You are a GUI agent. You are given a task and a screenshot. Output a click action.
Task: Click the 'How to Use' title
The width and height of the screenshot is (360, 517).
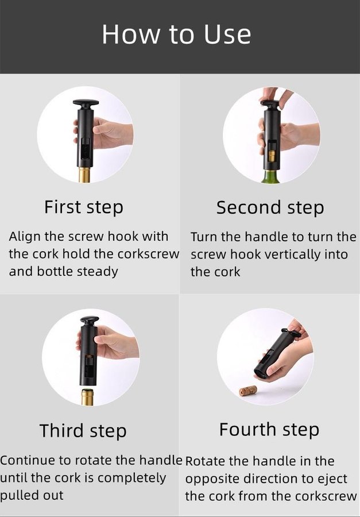[x=176, y=34]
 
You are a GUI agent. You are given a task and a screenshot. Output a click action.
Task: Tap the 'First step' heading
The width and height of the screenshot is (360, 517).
[x=84, y=208]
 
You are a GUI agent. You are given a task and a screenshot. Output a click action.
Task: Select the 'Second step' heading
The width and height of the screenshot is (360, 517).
[x=270, y=208]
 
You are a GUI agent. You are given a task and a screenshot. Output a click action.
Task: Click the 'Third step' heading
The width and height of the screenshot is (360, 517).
[x=83, y=431]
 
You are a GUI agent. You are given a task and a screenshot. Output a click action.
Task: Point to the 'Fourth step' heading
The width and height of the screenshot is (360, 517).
[x=269, y=430]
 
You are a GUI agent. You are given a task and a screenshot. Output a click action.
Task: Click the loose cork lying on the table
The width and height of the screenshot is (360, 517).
[x=248, y=391]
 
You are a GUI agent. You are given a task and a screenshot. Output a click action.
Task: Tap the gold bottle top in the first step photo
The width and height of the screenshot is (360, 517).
[x=84, y=175]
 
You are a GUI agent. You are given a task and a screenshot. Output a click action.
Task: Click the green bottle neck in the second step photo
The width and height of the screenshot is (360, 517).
[x=270, y=176]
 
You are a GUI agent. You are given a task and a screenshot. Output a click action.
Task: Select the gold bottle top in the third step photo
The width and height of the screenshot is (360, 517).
[x=87, y=397]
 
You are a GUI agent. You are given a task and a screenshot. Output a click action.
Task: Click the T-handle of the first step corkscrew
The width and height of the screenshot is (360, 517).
[x=86, y=103]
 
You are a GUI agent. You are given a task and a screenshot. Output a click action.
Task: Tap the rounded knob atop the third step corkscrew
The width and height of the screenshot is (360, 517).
[x=90, y=320]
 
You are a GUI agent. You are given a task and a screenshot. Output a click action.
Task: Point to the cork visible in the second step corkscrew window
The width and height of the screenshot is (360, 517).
[x=272, y=156]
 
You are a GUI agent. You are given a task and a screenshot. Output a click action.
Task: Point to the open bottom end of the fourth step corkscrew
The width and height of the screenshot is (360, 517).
[x=261, y=373]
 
